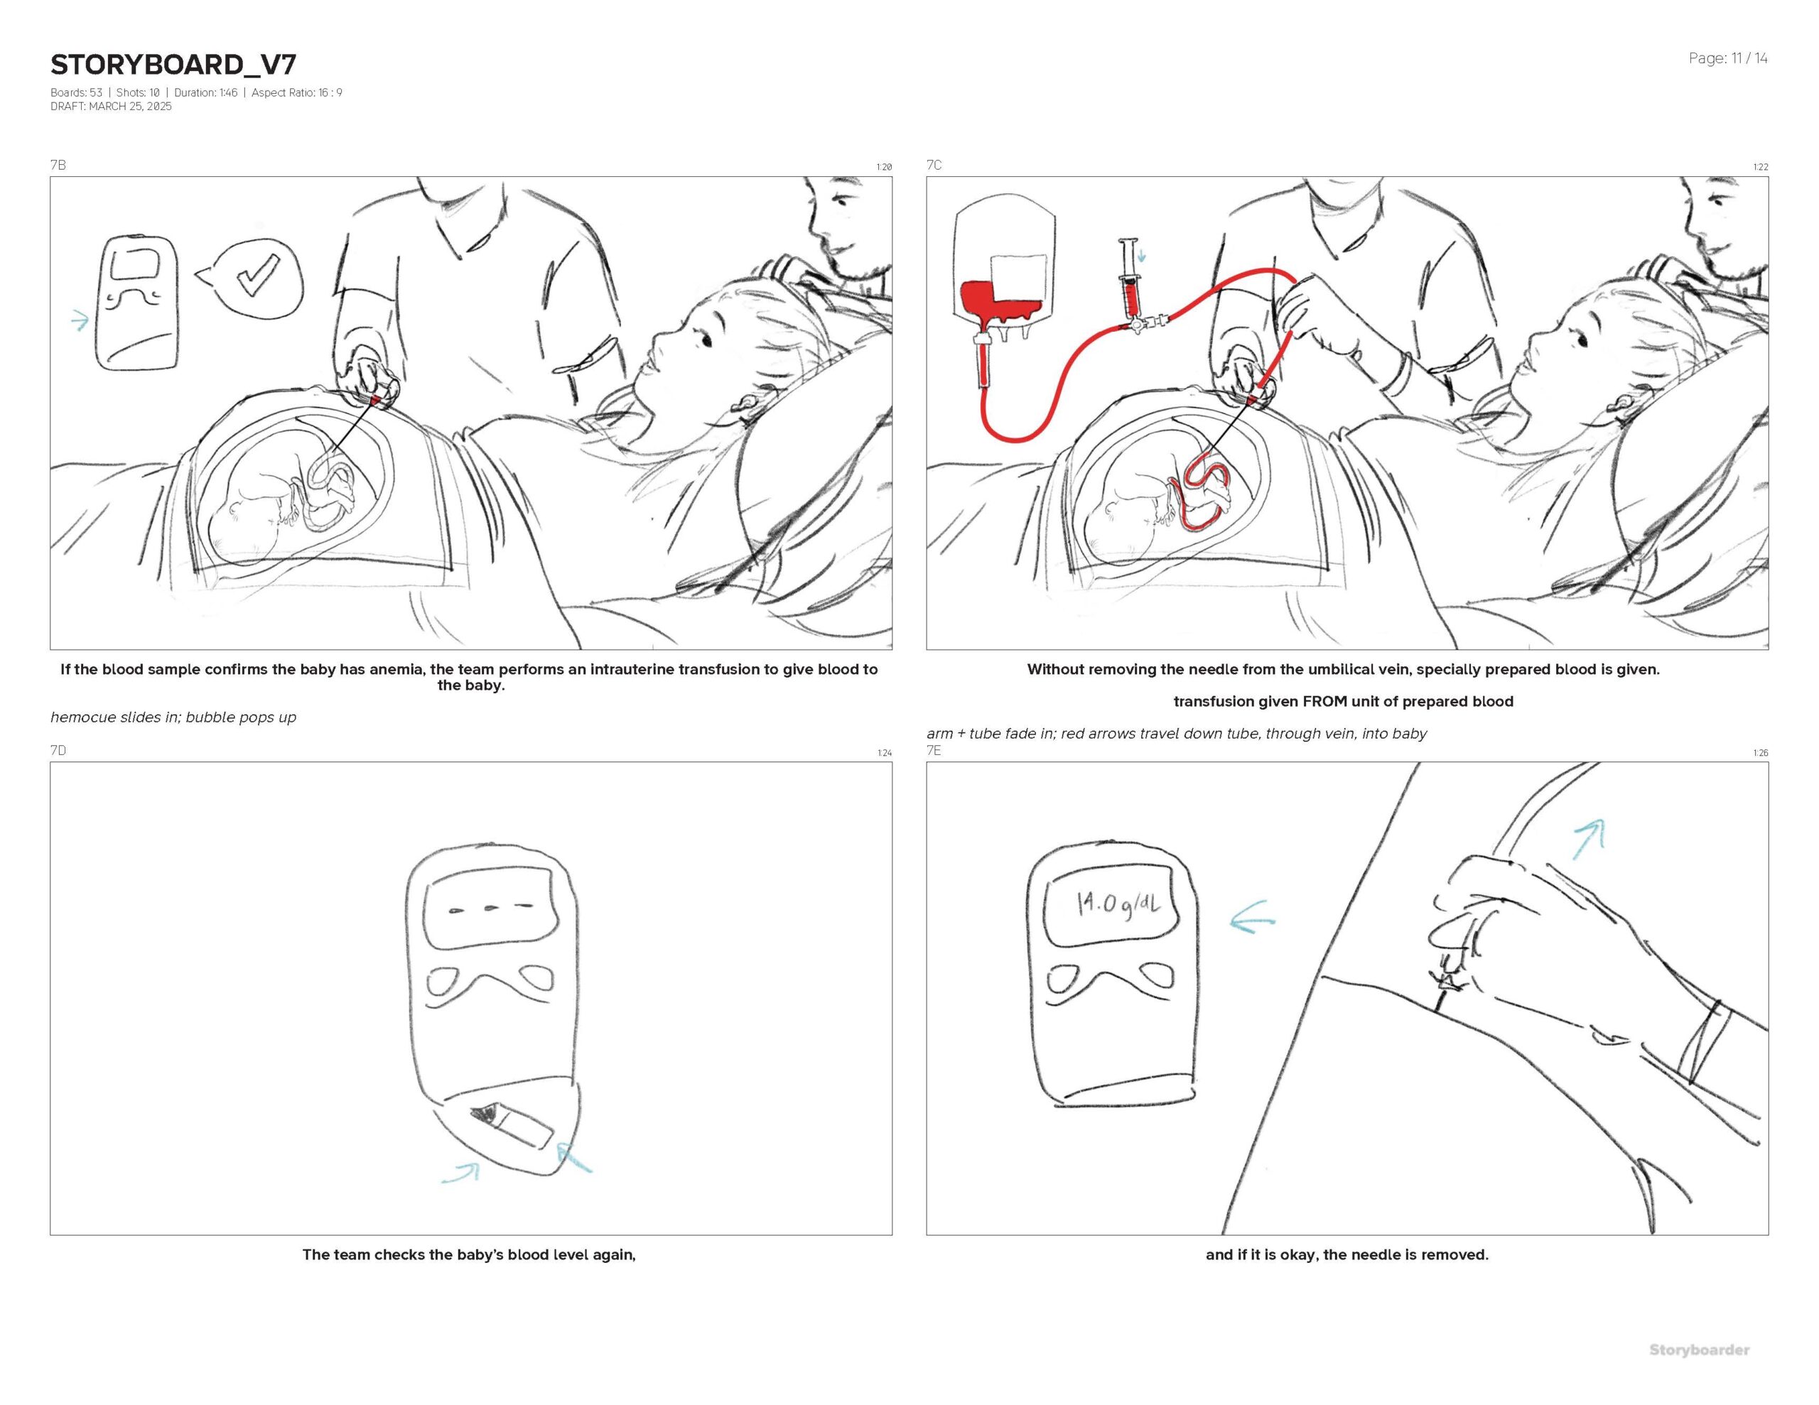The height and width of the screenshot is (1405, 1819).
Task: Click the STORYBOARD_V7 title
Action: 173,64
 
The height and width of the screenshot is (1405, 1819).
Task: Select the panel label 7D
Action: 58,750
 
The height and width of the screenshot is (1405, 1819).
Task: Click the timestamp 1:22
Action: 1760,168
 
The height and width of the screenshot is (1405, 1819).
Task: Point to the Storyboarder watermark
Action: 1699,1350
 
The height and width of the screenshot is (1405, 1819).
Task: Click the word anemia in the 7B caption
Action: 394,670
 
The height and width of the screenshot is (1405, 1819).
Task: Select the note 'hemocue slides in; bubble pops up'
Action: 173,717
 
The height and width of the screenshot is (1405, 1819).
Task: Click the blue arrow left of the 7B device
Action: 80,320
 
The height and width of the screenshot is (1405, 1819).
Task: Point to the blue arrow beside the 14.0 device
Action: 1252,916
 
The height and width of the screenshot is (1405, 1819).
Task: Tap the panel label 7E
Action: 934,750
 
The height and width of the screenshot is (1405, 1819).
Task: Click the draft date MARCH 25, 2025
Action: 130,107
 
